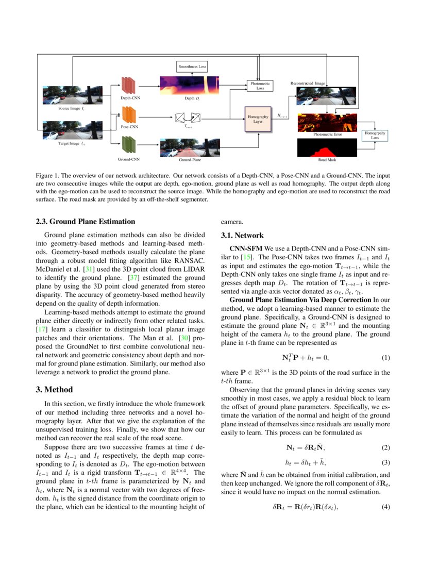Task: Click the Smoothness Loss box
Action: point(192,66)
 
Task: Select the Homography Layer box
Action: point(258,119)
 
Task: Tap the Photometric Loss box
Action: point(260,86)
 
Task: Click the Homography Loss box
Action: point(375,135)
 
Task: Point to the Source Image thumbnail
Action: point(72,95)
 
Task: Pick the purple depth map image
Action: point(190,85)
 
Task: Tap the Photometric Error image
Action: point(327,122)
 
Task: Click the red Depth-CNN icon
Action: point(128,85)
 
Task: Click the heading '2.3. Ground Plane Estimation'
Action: point(85,222)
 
